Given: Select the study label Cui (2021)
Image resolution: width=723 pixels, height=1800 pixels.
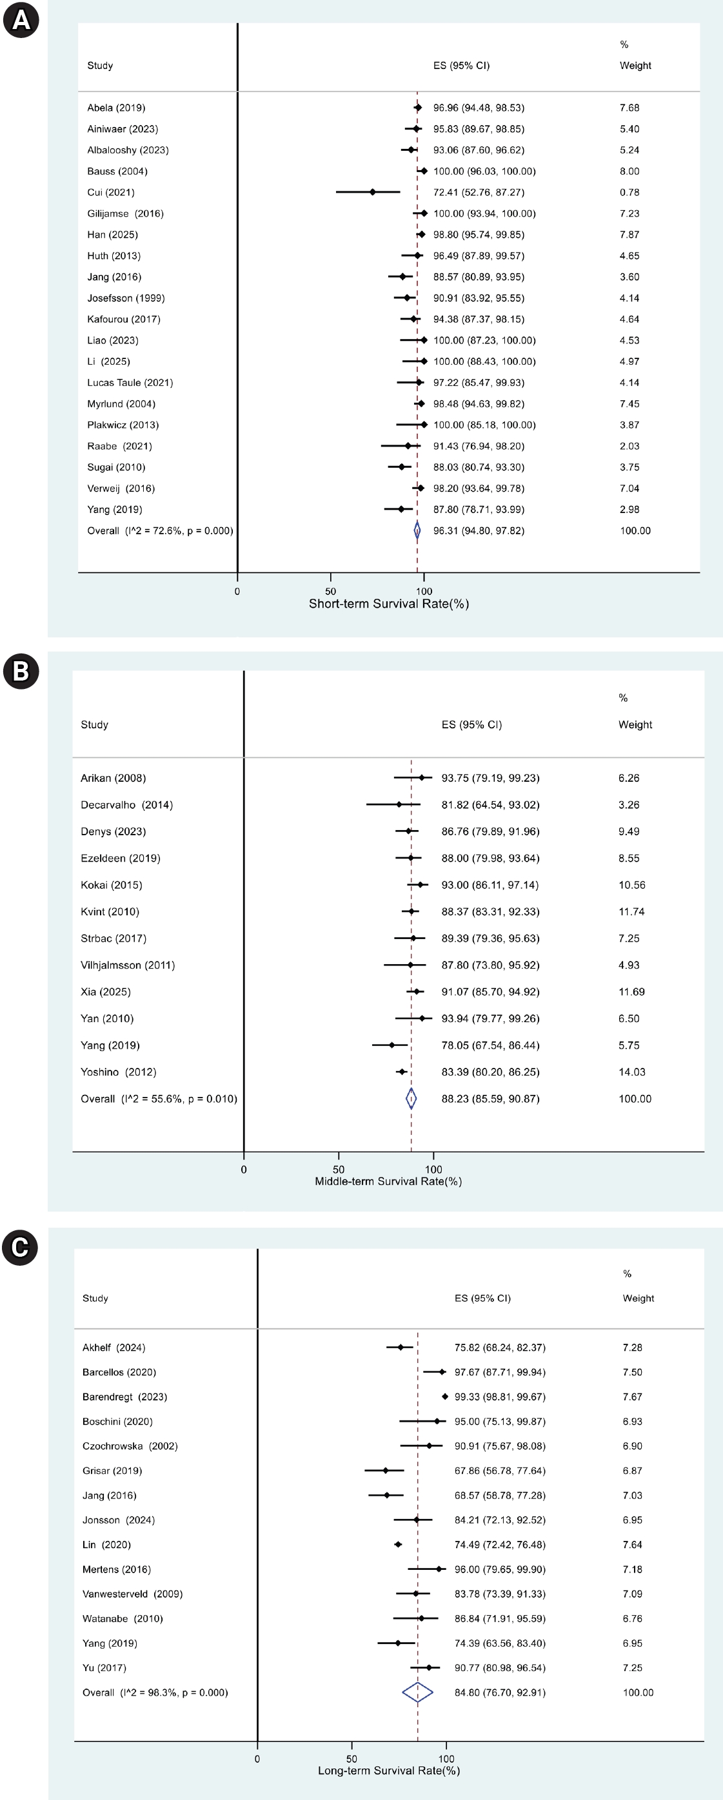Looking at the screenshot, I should (x=110, y=192).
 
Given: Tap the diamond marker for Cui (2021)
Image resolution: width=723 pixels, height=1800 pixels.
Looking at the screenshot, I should (x=373, y=191).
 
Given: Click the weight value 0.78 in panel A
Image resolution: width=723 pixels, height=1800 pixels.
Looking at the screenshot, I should (x=629, y=192).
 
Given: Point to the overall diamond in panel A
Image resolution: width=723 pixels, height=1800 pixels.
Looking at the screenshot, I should (x=417, y=530).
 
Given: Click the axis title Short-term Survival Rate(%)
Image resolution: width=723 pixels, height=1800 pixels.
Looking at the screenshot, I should (x=389, y=604).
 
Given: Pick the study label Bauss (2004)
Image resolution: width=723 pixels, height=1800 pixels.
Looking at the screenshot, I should (x=117, y=171).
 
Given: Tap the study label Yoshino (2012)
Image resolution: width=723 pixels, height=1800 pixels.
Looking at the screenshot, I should (x=118, y=1072).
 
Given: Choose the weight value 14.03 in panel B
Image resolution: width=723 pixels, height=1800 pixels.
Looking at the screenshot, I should (x=631, y=1072).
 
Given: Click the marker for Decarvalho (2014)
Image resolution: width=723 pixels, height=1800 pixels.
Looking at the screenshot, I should (x=399, y=804).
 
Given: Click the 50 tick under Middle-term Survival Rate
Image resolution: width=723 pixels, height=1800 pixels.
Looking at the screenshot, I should (x=339, y=1170).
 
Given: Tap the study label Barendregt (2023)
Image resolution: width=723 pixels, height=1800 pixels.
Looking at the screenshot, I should (x=124, y=1396).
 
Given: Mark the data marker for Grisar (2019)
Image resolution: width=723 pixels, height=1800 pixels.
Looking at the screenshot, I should (x=385, y=1470).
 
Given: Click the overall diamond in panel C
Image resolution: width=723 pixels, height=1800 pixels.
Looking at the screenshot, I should (x=417, y=1692).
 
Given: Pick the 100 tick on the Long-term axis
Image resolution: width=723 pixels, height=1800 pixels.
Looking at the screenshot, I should (x=446, y=1759).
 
